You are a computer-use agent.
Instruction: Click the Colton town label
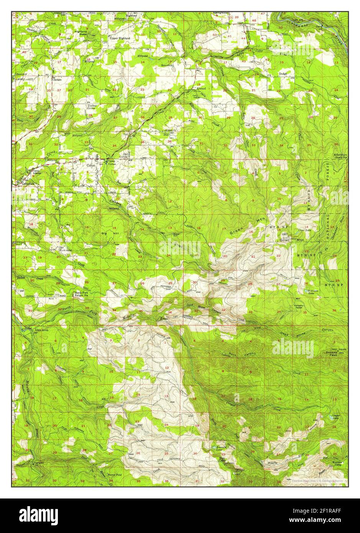tap(91, 165)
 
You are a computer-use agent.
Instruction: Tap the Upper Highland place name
tap(120, 39)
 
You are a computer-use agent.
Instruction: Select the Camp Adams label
tap(37, 173)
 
